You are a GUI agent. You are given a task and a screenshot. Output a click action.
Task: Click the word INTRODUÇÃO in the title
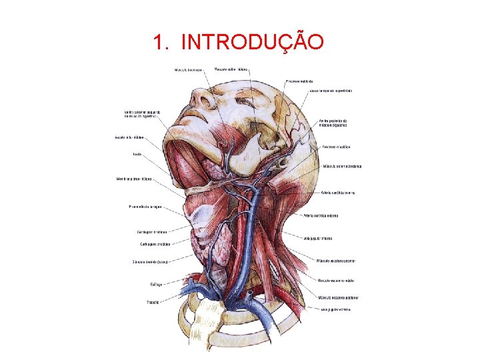pos(253,43)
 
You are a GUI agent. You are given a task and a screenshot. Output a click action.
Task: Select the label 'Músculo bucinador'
pos(188,69)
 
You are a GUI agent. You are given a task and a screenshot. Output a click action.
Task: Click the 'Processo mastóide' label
pos(336,147)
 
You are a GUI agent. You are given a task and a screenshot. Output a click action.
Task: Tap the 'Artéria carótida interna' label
pos(337,193)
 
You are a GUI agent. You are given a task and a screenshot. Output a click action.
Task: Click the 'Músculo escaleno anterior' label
pos(340,261)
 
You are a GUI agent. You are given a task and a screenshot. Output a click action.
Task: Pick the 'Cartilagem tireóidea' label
pos(151,232)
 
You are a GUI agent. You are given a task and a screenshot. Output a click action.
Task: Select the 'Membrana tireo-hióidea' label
pos(134,179)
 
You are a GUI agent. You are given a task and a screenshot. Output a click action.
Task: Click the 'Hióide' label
pos(137,155)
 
